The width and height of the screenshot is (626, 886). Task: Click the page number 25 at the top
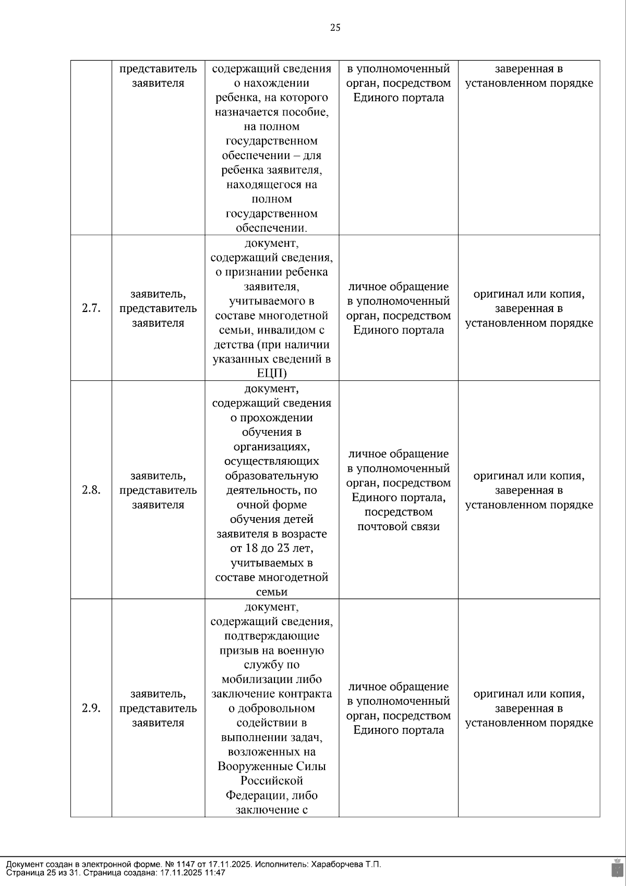click(335, 28)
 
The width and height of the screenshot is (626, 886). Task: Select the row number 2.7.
click(91, 308)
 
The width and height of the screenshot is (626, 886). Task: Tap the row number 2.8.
click(91, 490)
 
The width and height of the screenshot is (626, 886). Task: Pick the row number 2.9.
click(91, 708)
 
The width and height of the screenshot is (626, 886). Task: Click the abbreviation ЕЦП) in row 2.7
click(272, 374)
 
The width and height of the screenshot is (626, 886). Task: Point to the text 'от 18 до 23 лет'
click(272, 548)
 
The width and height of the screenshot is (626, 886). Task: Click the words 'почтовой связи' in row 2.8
click(399, 526)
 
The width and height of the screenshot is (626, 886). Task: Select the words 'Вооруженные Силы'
click(272, 767)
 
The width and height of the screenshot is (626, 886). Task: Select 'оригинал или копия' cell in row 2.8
click(529, 476)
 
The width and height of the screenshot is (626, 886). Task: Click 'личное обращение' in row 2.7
click(399, 286)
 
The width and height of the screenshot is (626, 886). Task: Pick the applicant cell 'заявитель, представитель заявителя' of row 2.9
click(158, 708)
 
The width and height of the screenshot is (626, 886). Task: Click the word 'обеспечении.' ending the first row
click(272, 228)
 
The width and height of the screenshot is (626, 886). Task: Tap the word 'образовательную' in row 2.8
click(272, 476)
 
